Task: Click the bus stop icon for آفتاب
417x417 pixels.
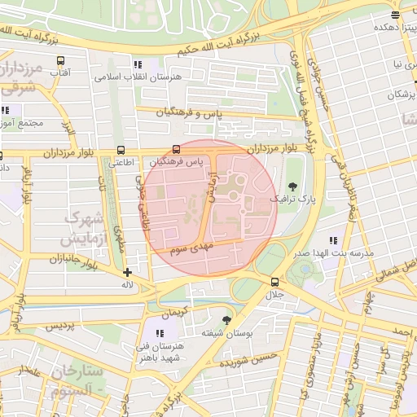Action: (x=60, y=61)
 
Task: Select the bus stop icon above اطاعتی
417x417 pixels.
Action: (x=121, y=150)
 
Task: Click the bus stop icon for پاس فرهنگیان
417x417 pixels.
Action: (x=178, y=149)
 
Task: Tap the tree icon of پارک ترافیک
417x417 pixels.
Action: (x=292, y=185)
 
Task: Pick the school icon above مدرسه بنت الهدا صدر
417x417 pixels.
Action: (x=332, y=240)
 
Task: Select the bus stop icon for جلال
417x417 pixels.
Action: (x=274, y=282)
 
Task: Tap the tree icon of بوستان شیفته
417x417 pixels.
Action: (x=226, y=319)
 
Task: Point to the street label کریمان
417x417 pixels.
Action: (x=174, y=314)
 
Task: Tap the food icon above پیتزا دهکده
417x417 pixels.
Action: (x=395, y=15)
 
